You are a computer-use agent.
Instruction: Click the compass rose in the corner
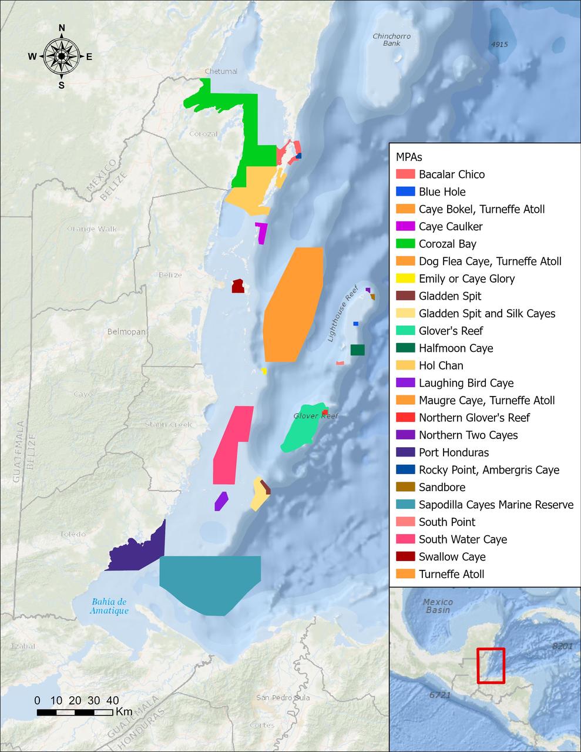(61, 56)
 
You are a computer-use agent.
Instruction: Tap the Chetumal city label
(221, 72)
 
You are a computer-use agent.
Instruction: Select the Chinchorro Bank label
(391, 40)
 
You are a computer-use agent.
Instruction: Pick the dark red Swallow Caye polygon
(238, 286)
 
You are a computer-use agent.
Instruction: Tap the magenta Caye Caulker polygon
(262, 233)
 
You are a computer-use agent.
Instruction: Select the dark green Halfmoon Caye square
(357, 350)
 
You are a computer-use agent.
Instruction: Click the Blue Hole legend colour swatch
(405, 192)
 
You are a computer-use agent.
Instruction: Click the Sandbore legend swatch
(405, 487)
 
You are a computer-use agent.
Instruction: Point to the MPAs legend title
(409, 157)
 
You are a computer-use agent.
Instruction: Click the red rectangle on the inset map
(491, 666)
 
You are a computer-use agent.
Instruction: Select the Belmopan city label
(126, 332)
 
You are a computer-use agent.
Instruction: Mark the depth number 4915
(500, 45)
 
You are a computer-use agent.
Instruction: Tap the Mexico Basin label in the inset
(438, 606)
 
